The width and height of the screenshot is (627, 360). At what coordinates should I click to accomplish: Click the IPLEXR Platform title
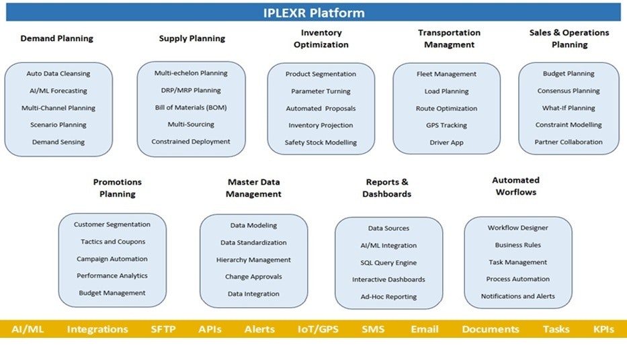(x=313, y=13)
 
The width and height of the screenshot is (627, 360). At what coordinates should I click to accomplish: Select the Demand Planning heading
(x=56, y=38)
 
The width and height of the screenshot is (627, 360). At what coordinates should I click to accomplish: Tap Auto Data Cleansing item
(x=58, y=74)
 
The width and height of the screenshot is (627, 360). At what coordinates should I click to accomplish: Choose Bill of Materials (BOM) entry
(x=191, y=107)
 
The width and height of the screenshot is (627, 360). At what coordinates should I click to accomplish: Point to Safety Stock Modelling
(x=321, y=142)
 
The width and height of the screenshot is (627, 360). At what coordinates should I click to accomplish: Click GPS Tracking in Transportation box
(x=446, y=126)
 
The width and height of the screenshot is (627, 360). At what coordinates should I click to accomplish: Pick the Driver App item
(x=446, y=142)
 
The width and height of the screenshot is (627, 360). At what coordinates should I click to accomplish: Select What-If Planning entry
(x=569, y=107)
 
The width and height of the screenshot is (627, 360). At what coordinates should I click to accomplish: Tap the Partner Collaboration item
(x=569, y=142)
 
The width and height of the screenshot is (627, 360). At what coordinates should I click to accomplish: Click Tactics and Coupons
(x=113, y=242)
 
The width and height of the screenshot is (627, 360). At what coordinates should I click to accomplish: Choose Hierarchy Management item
(x=253, y=260)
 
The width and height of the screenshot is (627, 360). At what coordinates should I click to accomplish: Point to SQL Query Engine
(x=388, y=263)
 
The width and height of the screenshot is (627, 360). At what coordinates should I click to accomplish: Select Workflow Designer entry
(x=517, y=228)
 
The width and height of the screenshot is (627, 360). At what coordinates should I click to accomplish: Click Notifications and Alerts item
(x=517, y=296)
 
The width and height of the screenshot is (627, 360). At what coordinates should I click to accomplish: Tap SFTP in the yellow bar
(x=163, y=329)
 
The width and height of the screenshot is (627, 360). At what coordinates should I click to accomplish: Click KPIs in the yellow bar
(x=603, y=329)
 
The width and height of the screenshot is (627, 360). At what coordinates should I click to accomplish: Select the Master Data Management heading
(x=253, y=188)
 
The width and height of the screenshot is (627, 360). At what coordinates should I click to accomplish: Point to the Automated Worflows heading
(x=515, y=186)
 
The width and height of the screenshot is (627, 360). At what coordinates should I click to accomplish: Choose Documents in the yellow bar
(x=490, y=329)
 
